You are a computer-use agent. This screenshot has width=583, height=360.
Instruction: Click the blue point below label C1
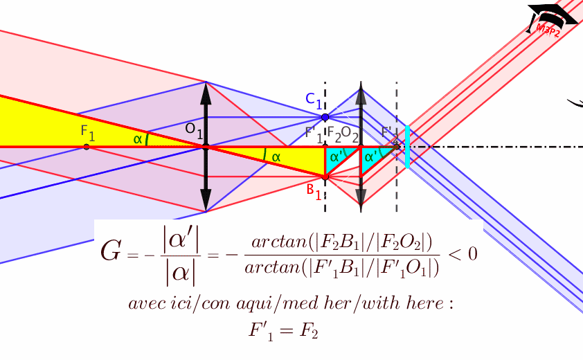pyautogui.click(x=325, y=117)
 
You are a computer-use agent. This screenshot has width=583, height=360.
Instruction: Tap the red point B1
pyautogui.click(x=325, y=177)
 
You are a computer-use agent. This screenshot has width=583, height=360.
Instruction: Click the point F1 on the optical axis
pyautogui.click(x=86, y=147)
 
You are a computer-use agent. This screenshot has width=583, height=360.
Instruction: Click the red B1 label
pyautogui.click(x=314, y=191)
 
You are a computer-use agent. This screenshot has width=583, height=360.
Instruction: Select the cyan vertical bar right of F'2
pyautogui.click(x=408, y=147)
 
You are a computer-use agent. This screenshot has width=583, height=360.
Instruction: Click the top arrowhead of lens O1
pyautogui.click(x=205, y=89)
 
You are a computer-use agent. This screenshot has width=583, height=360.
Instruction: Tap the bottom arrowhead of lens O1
pyautogui.click(x=205, y=204)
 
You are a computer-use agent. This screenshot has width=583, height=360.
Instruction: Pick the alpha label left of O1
pyautogui.click(x=138, y=139)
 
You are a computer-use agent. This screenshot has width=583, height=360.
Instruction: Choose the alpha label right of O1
pyautogui.click(x=276, y=157)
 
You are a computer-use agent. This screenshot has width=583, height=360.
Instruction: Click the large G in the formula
pyautogui.click(x=112, y=251)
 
